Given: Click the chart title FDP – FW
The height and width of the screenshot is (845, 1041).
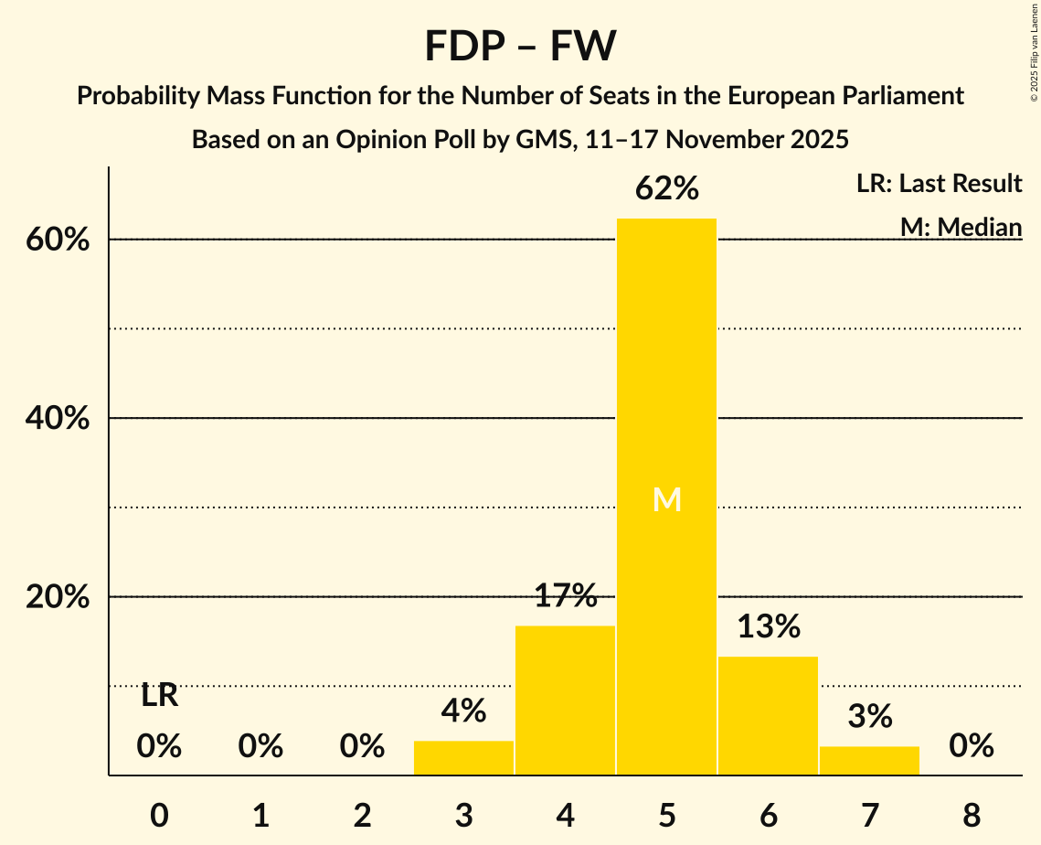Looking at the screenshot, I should [520, 46].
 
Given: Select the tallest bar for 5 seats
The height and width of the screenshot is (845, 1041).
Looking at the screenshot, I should [666, 384].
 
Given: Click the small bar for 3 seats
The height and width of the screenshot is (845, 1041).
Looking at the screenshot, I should [463, 757].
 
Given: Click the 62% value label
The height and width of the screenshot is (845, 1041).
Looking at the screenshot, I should [666, 189].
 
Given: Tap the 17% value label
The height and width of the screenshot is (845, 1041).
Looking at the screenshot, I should [565, 596].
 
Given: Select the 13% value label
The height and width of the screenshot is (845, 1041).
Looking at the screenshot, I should [768, 626].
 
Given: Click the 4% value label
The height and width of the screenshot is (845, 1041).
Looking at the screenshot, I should [463, 711].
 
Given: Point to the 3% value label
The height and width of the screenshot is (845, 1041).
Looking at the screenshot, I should [869, 716].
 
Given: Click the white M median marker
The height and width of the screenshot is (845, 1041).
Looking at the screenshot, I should [667, 499].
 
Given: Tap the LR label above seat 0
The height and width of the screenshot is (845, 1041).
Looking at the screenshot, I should [159, 696].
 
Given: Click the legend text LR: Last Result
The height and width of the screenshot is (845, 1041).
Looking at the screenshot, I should [939, 184].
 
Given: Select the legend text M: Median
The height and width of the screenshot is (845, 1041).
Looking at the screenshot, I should [961, 227].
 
